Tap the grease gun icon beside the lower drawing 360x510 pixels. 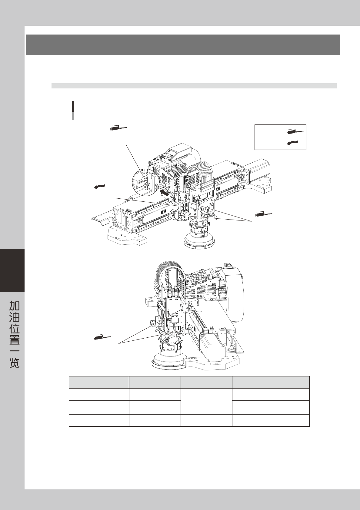click(x=102, y=337)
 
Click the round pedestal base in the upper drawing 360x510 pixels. click(x=200, y=241)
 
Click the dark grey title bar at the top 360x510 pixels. click(x=183, y=45)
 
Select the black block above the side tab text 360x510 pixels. click(x=12, y=270)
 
